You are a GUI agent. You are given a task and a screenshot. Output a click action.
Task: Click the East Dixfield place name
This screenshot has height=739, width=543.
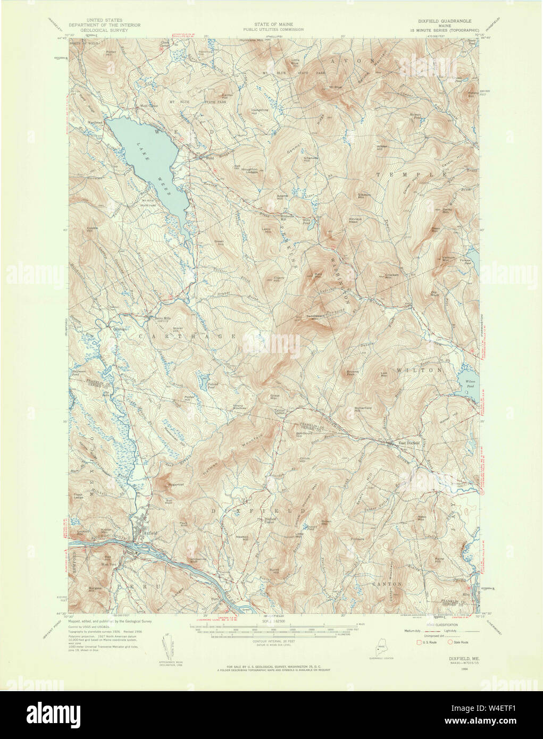pyautogui.click(x=410, y=442)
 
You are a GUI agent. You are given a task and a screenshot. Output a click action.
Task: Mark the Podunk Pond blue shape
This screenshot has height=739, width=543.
pyautogui.click(x=203, y=381)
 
